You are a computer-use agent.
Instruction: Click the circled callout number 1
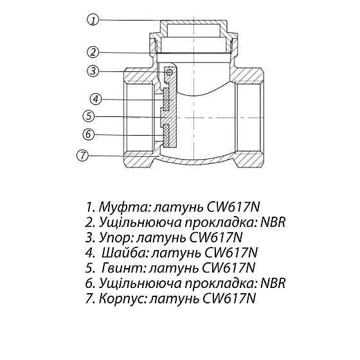point(94,21)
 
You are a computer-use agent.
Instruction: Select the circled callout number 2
point(94,52)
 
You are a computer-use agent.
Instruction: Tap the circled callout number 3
point(94,71)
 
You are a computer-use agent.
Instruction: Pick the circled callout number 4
point(94,100)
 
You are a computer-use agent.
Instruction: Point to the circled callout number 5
point(89,116)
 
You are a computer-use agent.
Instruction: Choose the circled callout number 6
point(89,134)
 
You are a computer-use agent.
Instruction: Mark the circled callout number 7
point(82,155)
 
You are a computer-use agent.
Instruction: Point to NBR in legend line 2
point(272,223)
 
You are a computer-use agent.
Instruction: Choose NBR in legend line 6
point(272,283)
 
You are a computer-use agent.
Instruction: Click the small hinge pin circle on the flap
point(169,73)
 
